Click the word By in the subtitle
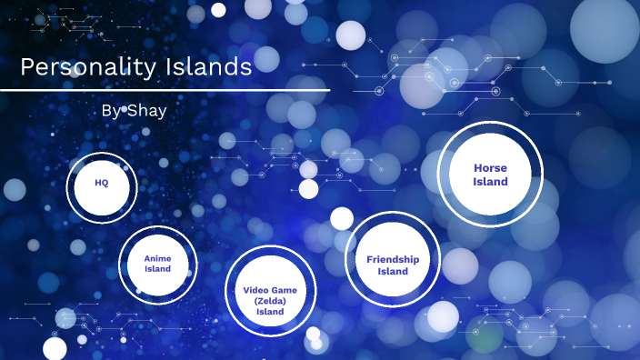point(111,110)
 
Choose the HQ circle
point(102,188)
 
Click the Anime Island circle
point(157,264)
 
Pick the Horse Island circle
point(490,175)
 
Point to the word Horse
point(490,168)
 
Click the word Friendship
point(393,259)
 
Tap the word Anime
point(157,258)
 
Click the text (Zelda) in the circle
point(270,301)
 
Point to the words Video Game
point(270,290)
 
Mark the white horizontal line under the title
point(165,90)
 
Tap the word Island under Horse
point(490,182)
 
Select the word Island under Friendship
point(393,271)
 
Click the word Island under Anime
point(157,269)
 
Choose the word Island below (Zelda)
point(270,312)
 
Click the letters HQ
point(102,182)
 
